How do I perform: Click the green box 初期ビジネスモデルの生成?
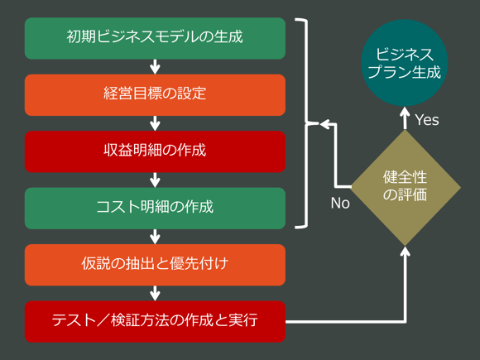[x=155, y=38]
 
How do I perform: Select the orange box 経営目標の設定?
[x=155, y=94]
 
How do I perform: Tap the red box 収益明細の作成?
[x=155, y=151]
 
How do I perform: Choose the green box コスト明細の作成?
[x=155, y=207]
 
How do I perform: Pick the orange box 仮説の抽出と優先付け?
[x=155, y=264]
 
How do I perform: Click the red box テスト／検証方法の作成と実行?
[x=155, y=320]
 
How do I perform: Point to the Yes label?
[x=427, y=121]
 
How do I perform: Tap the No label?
[x=340, y=203]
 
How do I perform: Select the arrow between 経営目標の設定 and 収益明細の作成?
[x=155, y=123]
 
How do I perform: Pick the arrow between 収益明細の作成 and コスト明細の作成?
[x=155, y=180]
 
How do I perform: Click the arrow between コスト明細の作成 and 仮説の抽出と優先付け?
[x=155, y=236]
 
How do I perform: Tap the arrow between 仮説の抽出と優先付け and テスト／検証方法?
[x=155, y=292]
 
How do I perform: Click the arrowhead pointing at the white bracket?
[x=325, y=124]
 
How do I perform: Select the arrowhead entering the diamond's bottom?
[x=405, y=251]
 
